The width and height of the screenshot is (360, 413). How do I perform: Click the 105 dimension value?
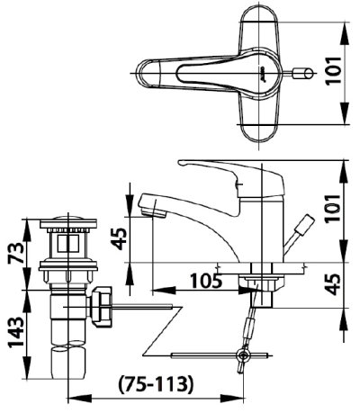point(207,281)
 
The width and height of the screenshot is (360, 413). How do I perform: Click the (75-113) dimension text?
point(156,384)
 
